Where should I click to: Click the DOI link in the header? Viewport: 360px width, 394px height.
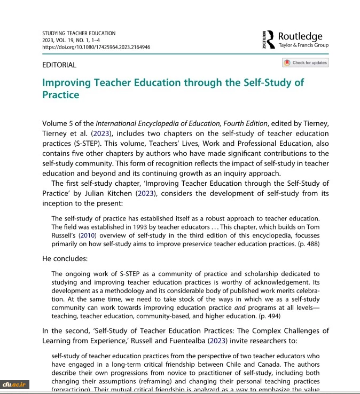[x=96, y=47]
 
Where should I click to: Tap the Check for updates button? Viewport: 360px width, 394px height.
[x=306, y=63]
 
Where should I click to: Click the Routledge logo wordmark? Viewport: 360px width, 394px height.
[x=300, y=36]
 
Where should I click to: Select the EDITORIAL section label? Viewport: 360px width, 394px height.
[x=59, y=65]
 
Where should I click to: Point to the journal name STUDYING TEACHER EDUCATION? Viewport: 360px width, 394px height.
[x=78, y=33]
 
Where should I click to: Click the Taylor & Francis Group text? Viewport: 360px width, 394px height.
[x=303, y=46]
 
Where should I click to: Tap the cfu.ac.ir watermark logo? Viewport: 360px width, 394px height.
[x=14, y=383]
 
